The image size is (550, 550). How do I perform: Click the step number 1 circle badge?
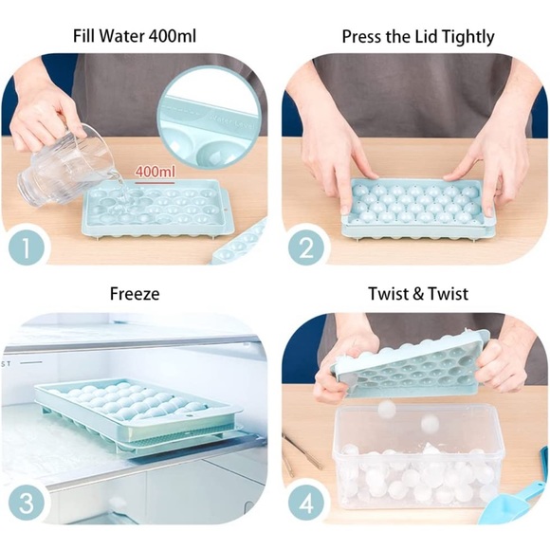click(27, 249)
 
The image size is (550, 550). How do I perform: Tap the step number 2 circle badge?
click(306, 249)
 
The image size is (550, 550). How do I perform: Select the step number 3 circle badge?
click(27, 502)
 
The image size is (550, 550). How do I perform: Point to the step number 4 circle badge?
click(306, 502)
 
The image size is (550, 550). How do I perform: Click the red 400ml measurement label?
click(155, 172)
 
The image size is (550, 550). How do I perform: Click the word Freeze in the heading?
click(136, 294)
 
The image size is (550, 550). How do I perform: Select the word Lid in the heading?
click(432, 38)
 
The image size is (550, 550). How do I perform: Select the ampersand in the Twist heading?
click(418, 294)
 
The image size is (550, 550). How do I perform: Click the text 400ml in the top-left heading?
click(179, 38)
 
